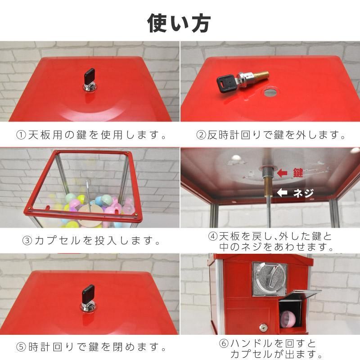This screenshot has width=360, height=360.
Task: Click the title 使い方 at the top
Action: click(179, 22)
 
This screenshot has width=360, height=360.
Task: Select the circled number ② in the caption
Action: click(201, 135)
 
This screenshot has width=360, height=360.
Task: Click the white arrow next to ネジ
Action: click(283, 193)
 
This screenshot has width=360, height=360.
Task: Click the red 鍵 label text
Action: click(298, 173)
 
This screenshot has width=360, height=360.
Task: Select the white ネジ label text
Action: click(304, 193)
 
